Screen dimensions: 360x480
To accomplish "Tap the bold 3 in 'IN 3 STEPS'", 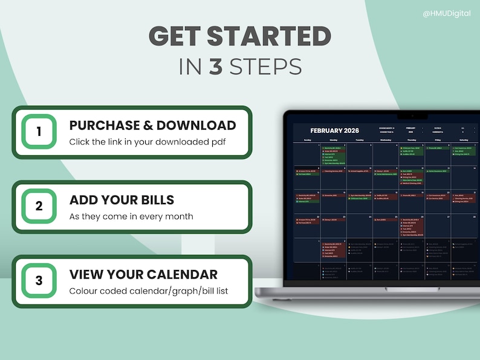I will (216, 66).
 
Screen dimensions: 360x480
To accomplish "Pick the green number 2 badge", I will (39, 206).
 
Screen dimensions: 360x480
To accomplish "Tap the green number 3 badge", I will (39, 281).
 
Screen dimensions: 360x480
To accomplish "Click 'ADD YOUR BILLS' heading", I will (122, 200).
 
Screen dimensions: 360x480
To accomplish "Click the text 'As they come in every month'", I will (131, 216).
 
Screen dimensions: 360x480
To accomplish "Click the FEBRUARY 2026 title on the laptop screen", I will (334, 130).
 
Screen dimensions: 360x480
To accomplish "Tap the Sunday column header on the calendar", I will (307, 140).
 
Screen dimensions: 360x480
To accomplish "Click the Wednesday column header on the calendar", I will (385, 140).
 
